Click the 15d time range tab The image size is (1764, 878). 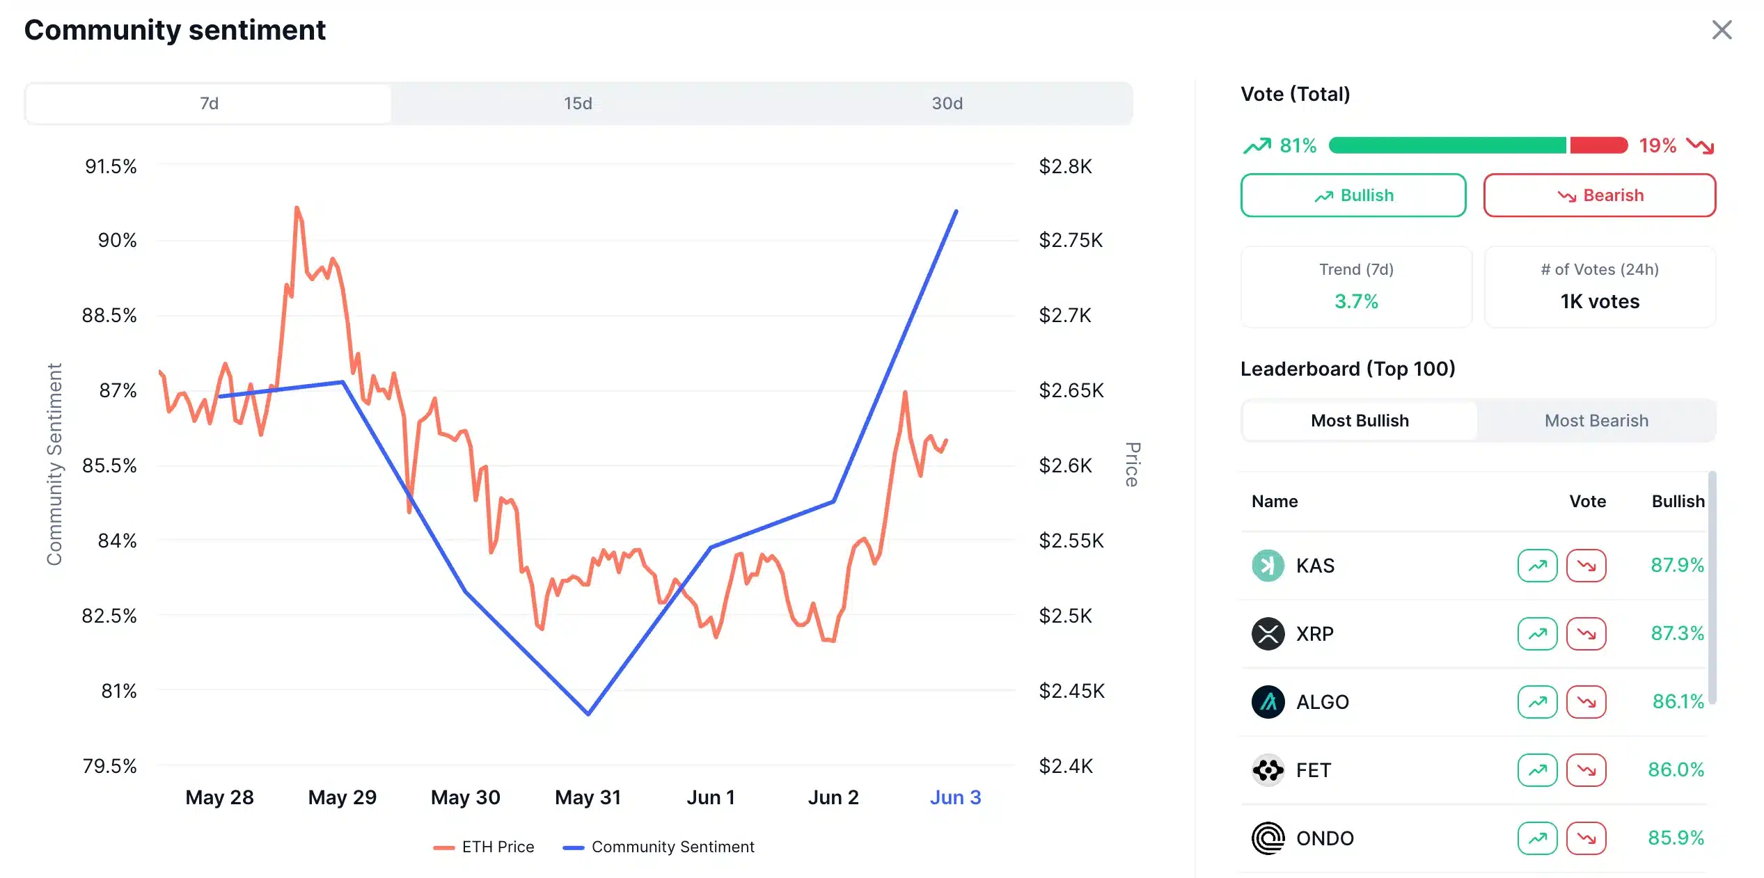(578, 104)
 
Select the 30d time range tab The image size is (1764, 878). (947, 104)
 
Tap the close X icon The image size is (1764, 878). (1722, 30)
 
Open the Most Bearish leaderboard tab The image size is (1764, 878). (1596, 421)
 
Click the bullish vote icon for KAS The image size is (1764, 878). (1537, 566)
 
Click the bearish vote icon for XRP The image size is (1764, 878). (1586, 634)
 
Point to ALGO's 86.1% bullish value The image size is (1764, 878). (1678, 701)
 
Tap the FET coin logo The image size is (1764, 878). (1268, 770)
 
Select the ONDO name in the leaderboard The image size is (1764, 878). (1325, 838)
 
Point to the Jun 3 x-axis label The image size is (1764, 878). (955, 797)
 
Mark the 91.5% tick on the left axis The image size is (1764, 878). (111, 166)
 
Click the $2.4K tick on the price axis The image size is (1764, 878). (1065, 766)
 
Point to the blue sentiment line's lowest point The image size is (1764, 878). (588, 714)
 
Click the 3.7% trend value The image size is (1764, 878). (1355, 301)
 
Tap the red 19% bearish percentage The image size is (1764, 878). (1657, 145)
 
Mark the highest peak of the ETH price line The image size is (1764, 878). (297, 207)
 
